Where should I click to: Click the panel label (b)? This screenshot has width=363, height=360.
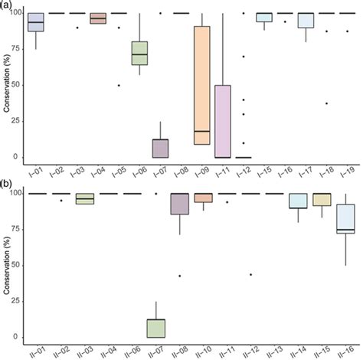[x=7, y=185]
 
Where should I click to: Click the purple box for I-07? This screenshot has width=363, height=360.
[x=160, y=148]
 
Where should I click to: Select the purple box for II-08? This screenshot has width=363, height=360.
[x=180, y=204]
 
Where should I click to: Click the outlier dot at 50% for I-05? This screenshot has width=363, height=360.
[x=119, y=85]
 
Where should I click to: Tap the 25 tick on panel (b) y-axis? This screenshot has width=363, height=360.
[x=17, y=302]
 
